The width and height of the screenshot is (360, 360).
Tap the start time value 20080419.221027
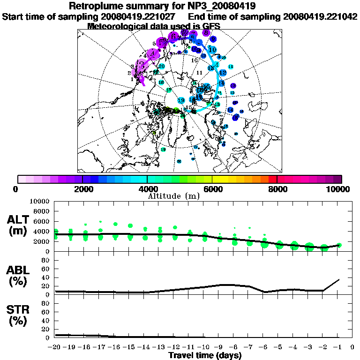(x=143, y=16)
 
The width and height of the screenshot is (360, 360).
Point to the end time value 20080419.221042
(x=320, y=16)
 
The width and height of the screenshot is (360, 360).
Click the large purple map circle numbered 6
(x=173, y=36)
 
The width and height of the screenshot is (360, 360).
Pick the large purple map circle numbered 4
(x=153, y=54)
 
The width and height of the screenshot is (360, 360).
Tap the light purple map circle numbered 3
(x=140, y=66)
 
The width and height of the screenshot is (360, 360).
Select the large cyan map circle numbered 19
(x=181, y=100)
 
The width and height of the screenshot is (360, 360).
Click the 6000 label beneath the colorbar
(x=212, y=189)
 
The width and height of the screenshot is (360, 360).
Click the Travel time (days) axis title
(x=205, y=356)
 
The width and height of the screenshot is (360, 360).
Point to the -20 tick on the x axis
(x=55, y=347)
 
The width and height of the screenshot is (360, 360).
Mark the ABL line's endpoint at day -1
(x=339, y=279)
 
